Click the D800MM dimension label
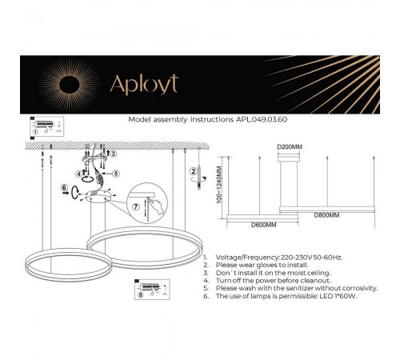(x=327, y=216)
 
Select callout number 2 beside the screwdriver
(x=191, y=171)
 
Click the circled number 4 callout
(x=80, y=173)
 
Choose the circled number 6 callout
(x=65, y=189)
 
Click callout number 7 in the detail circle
(x=136, y=206)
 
